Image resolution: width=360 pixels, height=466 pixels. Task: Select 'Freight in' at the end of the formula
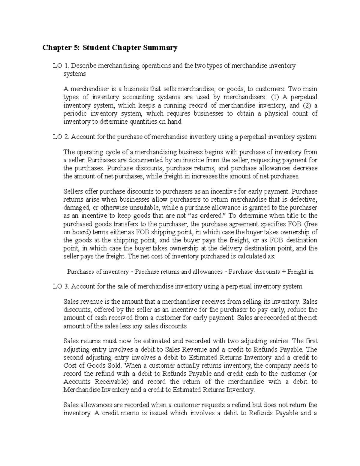(x=301, y=272)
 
